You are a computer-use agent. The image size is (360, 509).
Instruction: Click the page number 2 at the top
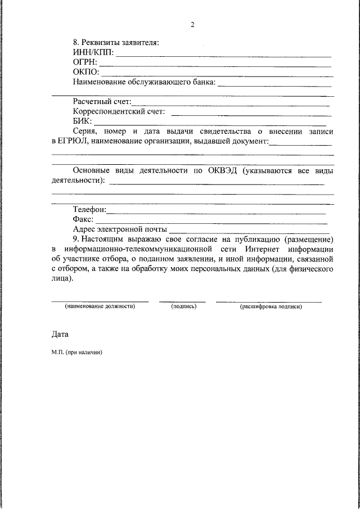192,25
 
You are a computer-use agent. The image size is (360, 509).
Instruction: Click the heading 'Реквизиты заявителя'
120,43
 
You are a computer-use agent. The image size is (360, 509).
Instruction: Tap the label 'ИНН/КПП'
93,52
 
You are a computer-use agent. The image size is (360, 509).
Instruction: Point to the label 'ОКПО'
85,72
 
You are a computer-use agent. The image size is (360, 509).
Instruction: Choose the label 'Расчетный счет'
101,102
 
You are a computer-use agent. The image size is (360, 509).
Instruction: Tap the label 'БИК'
82,121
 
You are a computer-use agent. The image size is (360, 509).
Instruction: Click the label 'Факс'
82,219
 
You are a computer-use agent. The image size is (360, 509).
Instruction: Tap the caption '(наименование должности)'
100,307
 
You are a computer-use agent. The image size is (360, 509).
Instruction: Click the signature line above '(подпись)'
182,302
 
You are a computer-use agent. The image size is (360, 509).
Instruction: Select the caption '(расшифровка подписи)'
271,307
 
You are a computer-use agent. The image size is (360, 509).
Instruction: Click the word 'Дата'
60,334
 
